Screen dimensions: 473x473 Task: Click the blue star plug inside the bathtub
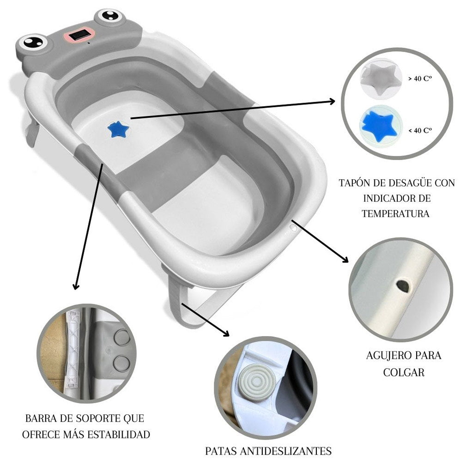tap(118, 129)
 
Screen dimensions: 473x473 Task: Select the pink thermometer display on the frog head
tap(82, 35)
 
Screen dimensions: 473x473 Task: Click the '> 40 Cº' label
tap(419, 79)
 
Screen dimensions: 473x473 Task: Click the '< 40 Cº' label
tap(419, 131)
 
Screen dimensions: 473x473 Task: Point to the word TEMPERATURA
tap(395, 214)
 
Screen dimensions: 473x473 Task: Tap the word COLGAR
tap(403, 372)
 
